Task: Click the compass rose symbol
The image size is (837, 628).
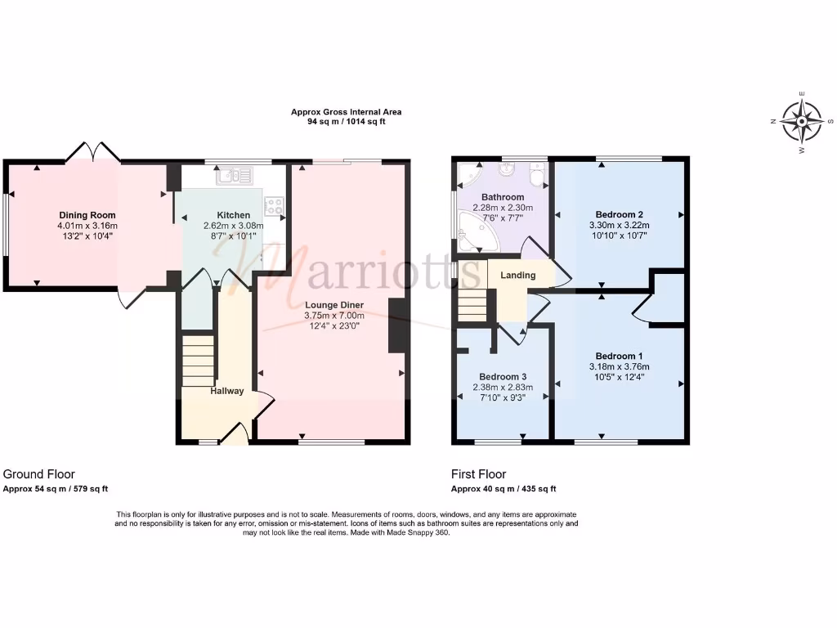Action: pos(801,123)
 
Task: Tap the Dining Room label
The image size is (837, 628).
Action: pos(87,215)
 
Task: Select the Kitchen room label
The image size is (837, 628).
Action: pos(233,215)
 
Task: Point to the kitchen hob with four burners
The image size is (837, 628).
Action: pos(274,207)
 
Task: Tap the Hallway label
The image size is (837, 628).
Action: pos(226,391)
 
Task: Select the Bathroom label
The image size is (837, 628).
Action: pos(502,197)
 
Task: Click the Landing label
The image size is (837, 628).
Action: pos(518,276)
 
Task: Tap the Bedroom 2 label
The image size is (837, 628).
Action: pos(619,215)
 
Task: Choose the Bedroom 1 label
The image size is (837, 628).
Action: pos(619,356)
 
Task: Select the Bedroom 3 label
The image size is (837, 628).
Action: pos(502,377)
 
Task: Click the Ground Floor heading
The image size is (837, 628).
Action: pos(39,474)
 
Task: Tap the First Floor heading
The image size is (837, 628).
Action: pos(478,474)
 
